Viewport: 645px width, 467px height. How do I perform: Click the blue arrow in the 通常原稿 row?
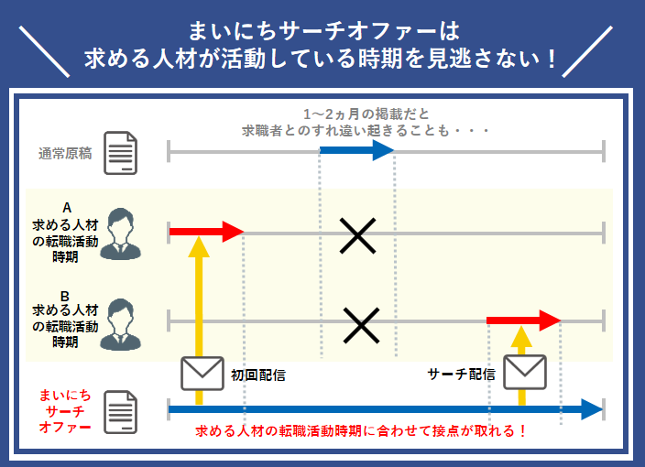356,151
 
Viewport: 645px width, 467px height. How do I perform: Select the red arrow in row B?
523,320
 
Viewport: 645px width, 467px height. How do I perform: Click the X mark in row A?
358,235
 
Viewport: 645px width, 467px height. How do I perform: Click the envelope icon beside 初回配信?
202,372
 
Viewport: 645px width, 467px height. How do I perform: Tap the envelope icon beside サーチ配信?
524,372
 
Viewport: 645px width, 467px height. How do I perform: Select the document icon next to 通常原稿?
120,152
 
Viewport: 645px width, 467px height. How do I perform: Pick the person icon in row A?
121,233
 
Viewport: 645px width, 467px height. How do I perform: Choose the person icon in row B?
121,320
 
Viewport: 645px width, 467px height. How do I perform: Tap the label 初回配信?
257,375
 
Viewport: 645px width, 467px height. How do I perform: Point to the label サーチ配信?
461,375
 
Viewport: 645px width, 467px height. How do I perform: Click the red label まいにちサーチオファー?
64,411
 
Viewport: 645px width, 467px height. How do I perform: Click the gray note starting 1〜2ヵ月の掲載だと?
366,123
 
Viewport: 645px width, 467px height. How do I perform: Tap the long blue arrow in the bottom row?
385,408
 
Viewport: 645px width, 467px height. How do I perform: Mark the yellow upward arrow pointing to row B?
521,362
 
